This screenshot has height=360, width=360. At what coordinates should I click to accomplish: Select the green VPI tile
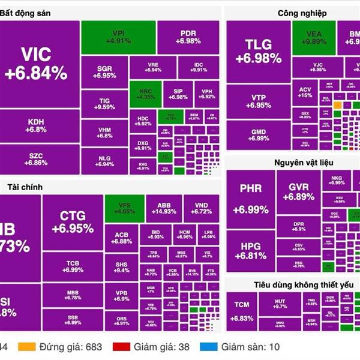point(118,37)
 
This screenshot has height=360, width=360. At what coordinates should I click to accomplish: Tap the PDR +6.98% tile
point(188,37)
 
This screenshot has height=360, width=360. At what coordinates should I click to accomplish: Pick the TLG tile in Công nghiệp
point(258,51)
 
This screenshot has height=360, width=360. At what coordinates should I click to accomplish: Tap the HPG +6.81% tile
point(250,251)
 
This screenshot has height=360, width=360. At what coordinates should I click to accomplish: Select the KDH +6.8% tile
point(36,125)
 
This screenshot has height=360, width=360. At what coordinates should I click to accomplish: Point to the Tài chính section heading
point(22,187)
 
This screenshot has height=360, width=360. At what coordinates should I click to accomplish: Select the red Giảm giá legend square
point(122,346)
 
